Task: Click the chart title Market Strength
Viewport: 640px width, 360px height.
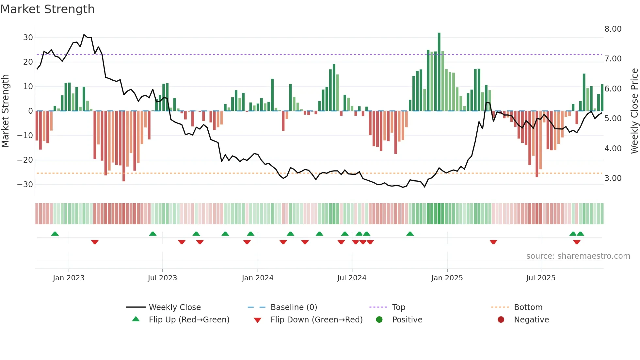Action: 47,9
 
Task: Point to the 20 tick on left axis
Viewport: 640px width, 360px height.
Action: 28,62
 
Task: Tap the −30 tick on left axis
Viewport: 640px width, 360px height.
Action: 25,185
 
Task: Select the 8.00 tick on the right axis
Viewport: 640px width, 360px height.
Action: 613,29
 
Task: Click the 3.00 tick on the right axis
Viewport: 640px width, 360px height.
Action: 613,178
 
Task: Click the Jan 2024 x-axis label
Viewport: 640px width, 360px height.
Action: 258,278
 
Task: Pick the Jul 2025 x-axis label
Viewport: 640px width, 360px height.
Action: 541,278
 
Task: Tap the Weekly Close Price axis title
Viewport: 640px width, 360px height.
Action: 634,111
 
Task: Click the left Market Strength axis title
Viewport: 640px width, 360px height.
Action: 5,111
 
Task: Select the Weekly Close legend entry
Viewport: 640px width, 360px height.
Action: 174,307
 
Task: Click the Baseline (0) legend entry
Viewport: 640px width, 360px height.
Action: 294,307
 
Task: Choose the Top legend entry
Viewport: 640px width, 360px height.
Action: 398,307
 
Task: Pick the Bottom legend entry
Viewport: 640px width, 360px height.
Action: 528,307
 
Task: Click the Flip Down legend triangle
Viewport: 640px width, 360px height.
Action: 257,320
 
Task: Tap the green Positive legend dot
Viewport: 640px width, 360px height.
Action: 379,320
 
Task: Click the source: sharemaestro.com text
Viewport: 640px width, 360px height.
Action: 578,256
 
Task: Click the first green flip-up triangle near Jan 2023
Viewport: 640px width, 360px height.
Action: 55,234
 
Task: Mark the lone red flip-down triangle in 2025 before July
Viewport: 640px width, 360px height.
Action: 493,242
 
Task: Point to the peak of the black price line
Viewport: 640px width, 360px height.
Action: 84,34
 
